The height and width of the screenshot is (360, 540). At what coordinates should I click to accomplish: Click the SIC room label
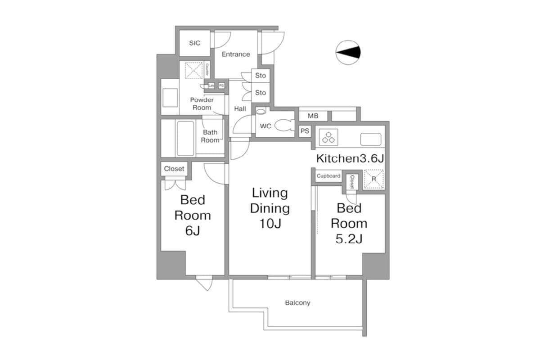[x=194, y=43]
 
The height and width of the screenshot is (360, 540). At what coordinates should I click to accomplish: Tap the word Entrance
[x=236, y=54]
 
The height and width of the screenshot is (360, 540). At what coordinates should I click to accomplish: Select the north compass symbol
[x=349, y=53]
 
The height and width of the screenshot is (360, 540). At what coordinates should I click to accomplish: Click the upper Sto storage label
[x=261, y=76]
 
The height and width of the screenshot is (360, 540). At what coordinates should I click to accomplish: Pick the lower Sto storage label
[x=261, y=93]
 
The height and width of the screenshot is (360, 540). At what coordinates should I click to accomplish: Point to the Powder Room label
[x=202, y=104]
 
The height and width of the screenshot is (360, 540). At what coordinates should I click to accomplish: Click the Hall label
[x=240, y=109]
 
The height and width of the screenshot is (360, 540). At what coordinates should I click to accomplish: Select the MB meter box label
[x=313, y=116]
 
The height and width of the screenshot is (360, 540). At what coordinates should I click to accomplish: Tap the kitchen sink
[x=371, y=139]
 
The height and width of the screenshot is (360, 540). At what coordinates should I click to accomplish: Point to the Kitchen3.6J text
[x=350, y=158]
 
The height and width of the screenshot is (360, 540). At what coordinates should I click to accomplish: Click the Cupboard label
[x=328, y=176]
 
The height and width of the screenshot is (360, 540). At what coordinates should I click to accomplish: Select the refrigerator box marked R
[x=373, y=179]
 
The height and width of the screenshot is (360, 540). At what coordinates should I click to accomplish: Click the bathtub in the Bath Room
[x=185, y=138]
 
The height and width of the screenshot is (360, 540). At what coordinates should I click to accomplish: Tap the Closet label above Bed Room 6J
[x=174, y=169]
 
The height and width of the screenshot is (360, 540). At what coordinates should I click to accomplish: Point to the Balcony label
[x=297, y=303]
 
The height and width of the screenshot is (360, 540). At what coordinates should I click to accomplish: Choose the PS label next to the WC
[x=305, y=131]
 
